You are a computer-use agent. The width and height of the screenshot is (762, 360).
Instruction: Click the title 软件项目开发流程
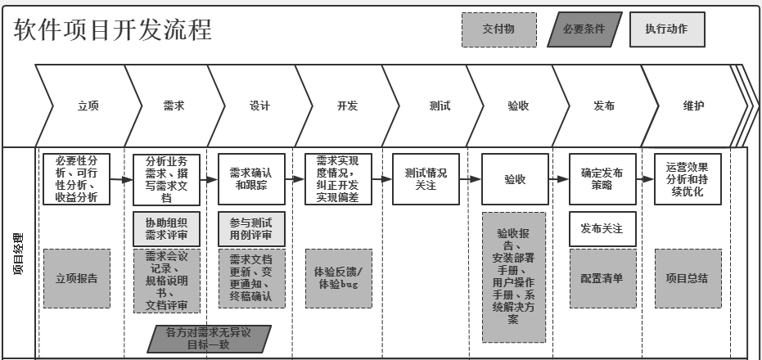pos(113,30)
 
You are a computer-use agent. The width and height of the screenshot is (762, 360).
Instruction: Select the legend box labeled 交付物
pos(498,30)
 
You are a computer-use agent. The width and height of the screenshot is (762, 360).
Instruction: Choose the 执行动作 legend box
pos(666,29)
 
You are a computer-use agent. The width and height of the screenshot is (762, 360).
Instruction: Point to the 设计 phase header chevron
pos(259,106)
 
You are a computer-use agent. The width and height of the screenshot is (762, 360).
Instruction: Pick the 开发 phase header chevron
pos(347,106)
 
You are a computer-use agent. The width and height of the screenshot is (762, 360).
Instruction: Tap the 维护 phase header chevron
pos(693,106)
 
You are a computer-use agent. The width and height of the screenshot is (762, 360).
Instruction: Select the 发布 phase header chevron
pos(603,106)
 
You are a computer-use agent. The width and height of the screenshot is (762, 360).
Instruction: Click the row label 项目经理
pos(18,254)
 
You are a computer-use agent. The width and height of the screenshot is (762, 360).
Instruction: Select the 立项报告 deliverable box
pos(76,278)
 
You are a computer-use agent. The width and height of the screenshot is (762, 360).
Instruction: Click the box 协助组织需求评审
pos(166,228)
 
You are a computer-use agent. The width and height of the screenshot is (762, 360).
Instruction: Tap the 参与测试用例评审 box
pos(251,228)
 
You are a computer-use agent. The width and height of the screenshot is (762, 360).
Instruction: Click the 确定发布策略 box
pos(602,179)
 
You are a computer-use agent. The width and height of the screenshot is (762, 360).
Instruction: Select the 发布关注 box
pos(602,229)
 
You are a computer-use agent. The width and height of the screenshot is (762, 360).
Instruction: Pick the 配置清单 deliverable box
pos(602,278)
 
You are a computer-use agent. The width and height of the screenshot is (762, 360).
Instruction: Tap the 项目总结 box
pos(687,278)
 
